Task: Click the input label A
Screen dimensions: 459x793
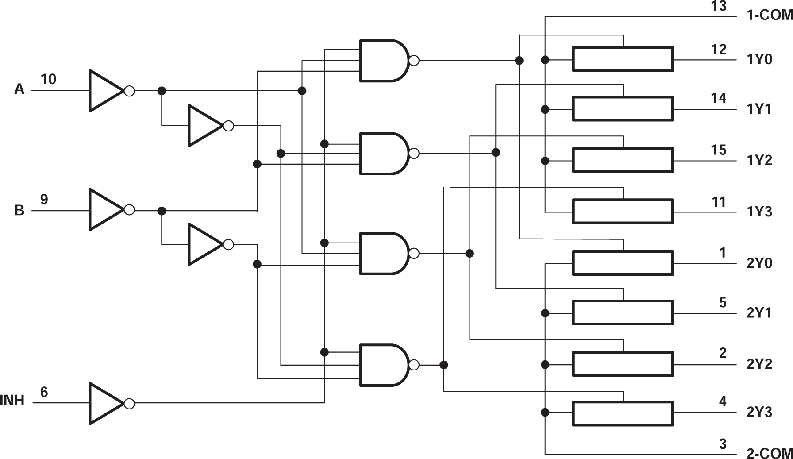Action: tap(19, 89)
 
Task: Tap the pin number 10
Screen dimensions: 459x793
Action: tap(48, 79)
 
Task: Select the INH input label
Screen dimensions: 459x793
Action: tap(12, 401)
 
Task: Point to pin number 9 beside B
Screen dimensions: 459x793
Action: tap(44, 200)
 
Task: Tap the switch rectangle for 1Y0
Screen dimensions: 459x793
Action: tap(623, 59)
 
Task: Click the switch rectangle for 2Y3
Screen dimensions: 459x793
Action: tap(623, 413)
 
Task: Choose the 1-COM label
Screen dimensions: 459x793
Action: tap(769, 15)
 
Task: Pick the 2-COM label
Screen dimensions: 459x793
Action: tap(769, 453)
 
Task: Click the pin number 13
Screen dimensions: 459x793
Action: tap(719, 6)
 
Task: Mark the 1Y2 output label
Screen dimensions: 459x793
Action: tap(759, 160)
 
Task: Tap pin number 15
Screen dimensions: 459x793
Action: tap(719, 150)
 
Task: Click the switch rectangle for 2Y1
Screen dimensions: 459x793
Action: tap(623, 313)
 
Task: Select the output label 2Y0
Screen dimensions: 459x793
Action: tap(759, 263)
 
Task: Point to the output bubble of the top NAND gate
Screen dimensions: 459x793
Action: tap(414, 61)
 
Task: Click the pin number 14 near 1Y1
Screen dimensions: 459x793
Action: tap(719, 98)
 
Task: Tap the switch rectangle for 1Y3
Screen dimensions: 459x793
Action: tap(623, 212)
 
